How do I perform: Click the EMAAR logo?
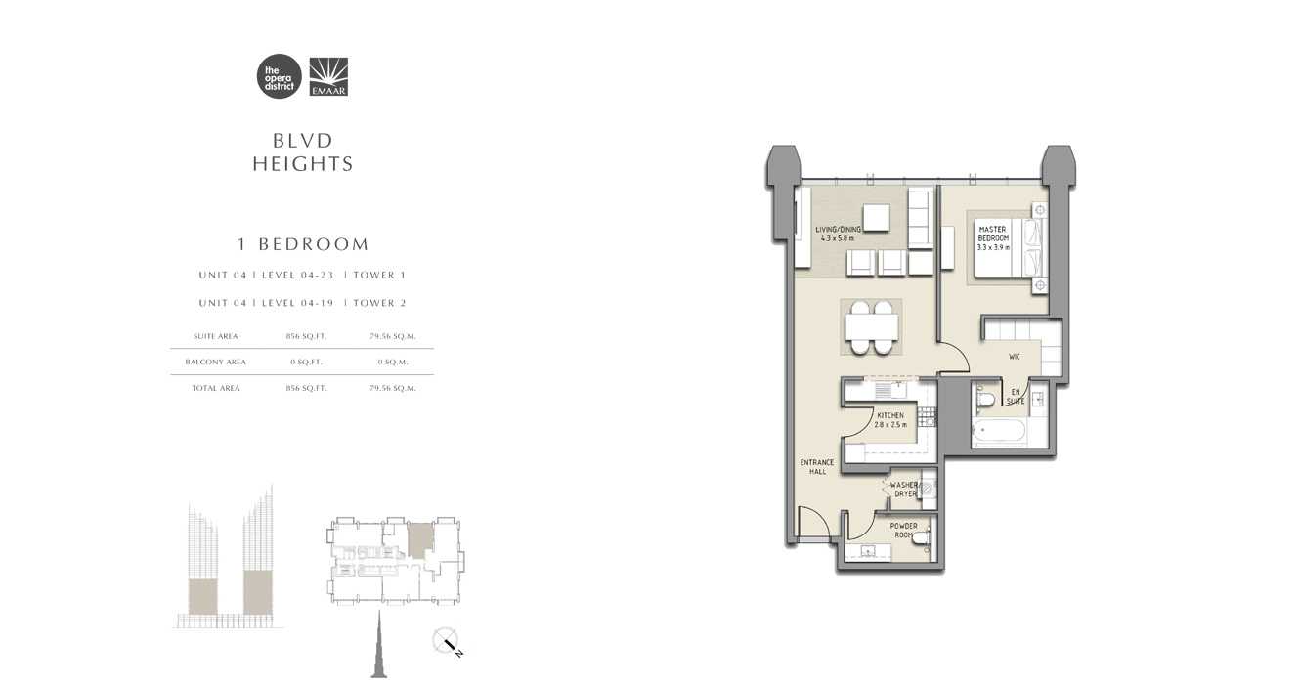pyautogui.click(x=328, y=77)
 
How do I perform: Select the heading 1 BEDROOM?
pyautogui.click(x=302, y=244)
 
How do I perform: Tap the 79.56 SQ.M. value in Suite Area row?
pyautogui.click(x=393, y=336)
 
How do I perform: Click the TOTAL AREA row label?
pyautogui.click(x=216, y=388)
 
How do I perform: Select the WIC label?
pyautogui.click(x=1015, y=357)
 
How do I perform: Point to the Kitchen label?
pyautogui.click(x=890, y=420)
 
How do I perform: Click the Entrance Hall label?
pyautogui.click(x=817, y=467)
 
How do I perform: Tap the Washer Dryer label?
pyautogui.click(x=904, y=490)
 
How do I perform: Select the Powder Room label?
pyautogui.click(x=903, y=531)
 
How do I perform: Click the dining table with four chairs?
pyautogui.click(x=869, y=326)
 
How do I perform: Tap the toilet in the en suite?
pyautogui.click(x=986, y=399)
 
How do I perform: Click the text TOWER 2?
pyautogui.click(x=379, y=303)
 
